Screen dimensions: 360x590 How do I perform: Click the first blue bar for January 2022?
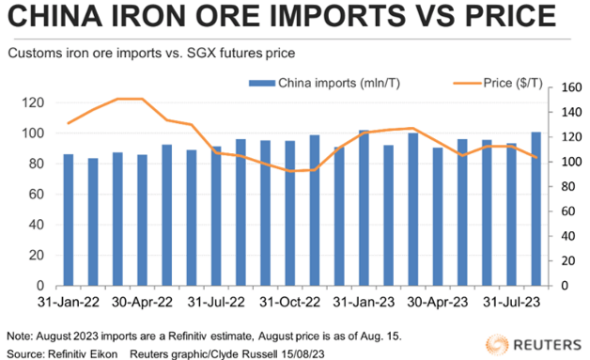(x=69, y=220)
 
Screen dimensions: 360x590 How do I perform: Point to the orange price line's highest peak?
(x=130, y=99)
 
